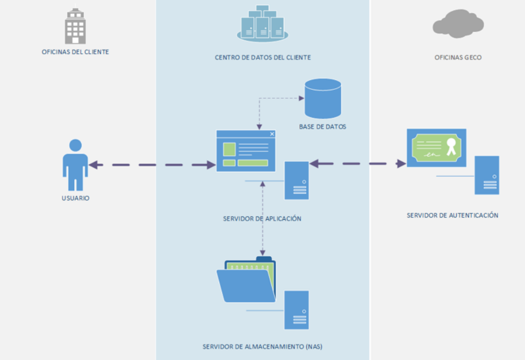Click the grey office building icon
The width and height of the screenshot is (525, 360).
(75, 26)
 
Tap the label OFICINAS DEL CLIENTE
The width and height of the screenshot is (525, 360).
(75, 52)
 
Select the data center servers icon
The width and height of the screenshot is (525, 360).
(262, 24)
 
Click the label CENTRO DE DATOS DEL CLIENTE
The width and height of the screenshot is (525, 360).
(263, 57)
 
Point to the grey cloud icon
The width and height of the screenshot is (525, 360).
(458, 24)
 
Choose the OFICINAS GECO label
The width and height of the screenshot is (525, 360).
(458, 57)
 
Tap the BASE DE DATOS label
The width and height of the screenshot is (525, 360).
(322, 127)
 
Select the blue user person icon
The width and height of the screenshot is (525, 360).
(75, 165)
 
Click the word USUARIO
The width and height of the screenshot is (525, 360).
(75, 198)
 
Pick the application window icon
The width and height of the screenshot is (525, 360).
(246, 151)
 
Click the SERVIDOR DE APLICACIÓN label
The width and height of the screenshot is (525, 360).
(262, 219)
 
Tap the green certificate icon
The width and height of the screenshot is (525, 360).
(436, 148)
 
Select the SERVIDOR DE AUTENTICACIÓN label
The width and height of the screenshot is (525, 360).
(452, 215)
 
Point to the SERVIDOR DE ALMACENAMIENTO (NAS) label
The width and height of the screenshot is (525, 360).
(262, 347)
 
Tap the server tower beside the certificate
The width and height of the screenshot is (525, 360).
(487, 175)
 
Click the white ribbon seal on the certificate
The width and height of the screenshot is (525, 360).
(451, 146)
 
